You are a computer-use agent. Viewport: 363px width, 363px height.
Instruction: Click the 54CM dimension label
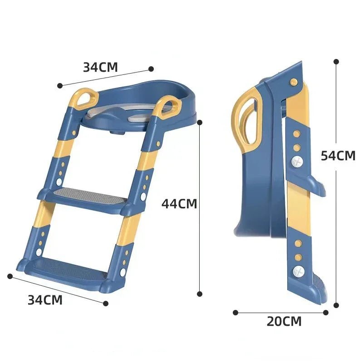[338, 156]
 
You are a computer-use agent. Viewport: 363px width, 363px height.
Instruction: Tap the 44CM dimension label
[179, 204]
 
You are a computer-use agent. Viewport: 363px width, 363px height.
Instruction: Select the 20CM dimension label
[284, 321]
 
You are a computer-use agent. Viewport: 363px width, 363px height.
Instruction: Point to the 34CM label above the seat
[100, 67]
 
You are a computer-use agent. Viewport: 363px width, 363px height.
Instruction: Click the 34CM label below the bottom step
[45, 299]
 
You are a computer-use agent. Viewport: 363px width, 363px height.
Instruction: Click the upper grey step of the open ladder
[86, 196]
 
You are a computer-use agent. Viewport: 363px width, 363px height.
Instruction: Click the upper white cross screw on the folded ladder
[297, 161]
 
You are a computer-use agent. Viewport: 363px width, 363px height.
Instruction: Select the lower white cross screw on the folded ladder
[298, 271]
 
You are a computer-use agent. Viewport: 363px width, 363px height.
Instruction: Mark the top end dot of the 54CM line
[336, 61]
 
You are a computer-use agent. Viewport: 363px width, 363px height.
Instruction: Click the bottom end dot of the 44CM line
[200, 294]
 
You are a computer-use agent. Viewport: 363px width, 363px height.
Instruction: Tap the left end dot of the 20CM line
[235, 312]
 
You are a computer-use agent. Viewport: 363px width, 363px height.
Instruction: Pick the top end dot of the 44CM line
[200, 122]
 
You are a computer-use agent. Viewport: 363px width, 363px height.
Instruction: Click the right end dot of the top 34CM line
[151, 69]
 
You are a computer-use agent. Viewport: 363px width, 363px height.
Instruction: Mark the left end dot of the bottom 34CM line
[10, 276]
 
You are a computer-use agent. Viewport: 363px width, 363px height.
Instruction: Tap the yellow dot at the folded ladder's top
[294, 82]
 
